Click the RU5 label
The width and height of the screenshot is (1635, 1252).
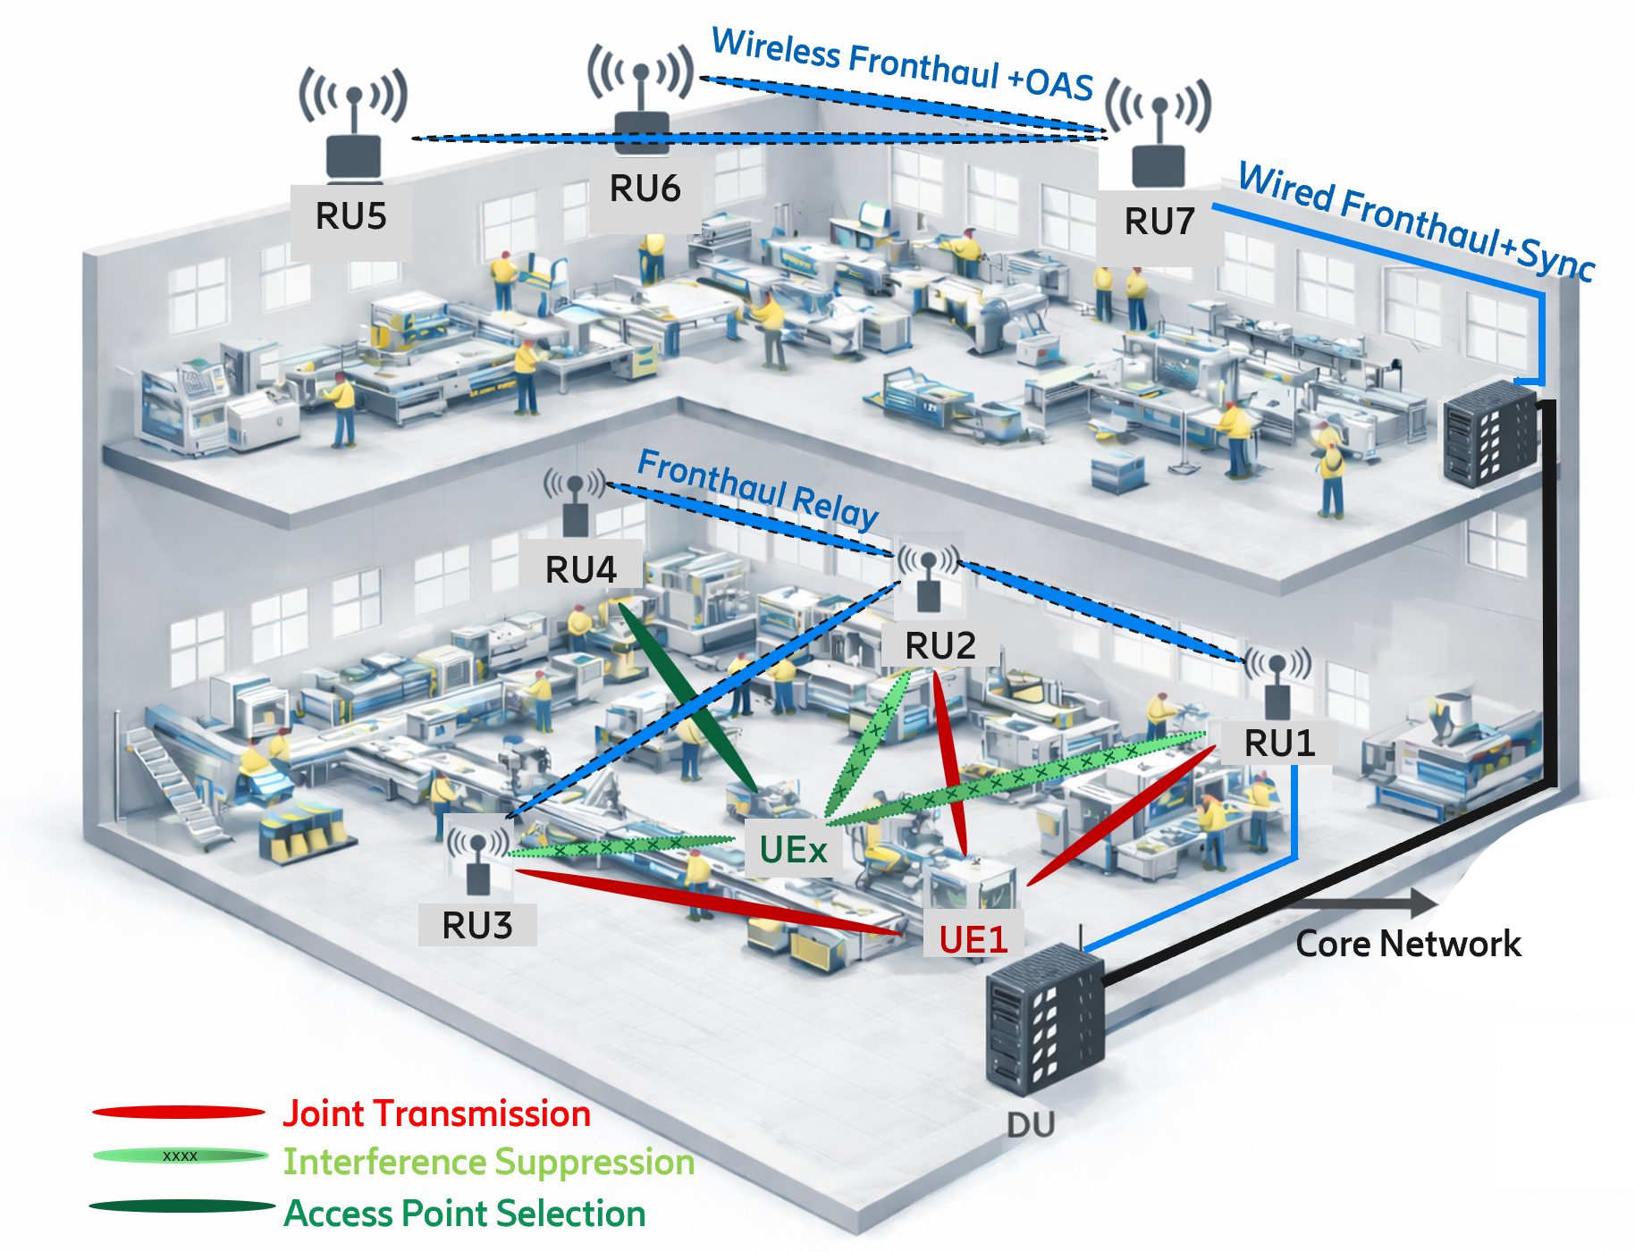point(350,217)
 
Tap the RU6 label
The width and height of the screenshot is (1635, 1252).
point(645,189)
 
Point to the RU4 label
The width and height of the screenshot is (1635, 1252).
point(580,570)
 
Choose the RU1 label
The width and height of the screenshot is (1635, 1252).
point(1279,744)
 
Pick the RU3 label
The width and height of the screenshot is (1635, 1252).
point(476,926)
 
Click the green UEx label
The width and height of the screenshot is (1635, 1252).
point(793,850)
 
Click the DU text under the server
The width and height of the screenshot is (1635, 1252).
point(1031,1125)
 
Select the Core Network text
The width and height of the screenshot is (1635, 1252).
point(1408,945)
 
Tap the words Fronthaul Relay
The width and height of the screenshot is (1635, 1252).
point(758,489)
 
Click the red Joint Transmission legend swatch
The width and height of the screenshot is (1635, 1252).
point(179,1113)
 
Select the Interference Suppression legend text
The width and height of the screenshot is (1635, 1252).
point(488,1163)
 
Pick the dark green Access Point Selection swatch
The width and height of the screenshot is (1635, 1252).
point(181,1206)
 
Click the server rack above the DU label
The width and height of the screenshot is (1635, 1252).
point(1044,1019)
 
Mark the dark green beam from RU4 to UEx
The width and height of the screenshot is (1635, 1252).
point(689,697)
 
